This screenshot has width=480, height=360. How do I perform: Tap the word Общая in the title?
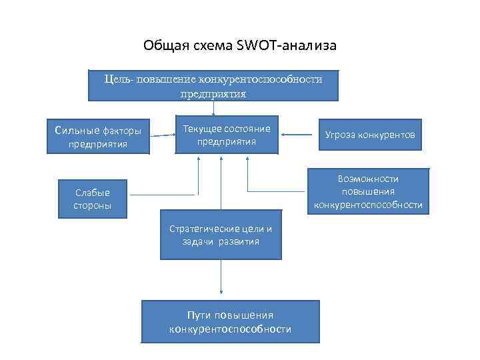pos(161,46)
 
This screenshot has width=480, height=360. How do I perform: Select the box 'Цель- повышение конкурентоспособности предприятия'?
pos(213,86)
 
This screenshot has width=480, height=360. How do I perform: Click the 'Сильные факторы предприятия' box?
pos(98,136)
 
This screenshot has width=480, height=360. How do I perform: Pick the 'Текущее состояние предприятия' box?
pos(227,135)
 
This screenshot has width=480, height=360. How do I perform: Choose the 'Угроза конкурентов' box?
pos(369,135)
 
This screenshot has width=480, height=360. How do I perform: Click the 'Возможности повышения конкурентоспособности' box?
pos(368,192)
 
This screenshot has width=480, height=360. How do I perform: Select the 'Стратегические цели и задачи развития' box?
pos(221,235)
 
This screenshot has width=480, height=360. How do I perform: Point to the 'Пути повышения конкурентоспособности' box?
pos(231,322)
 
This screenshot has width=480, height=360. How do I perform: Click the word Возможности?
pos(368,179)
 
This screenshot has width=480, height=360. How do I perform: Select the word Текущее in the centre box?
pos(203,129)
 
